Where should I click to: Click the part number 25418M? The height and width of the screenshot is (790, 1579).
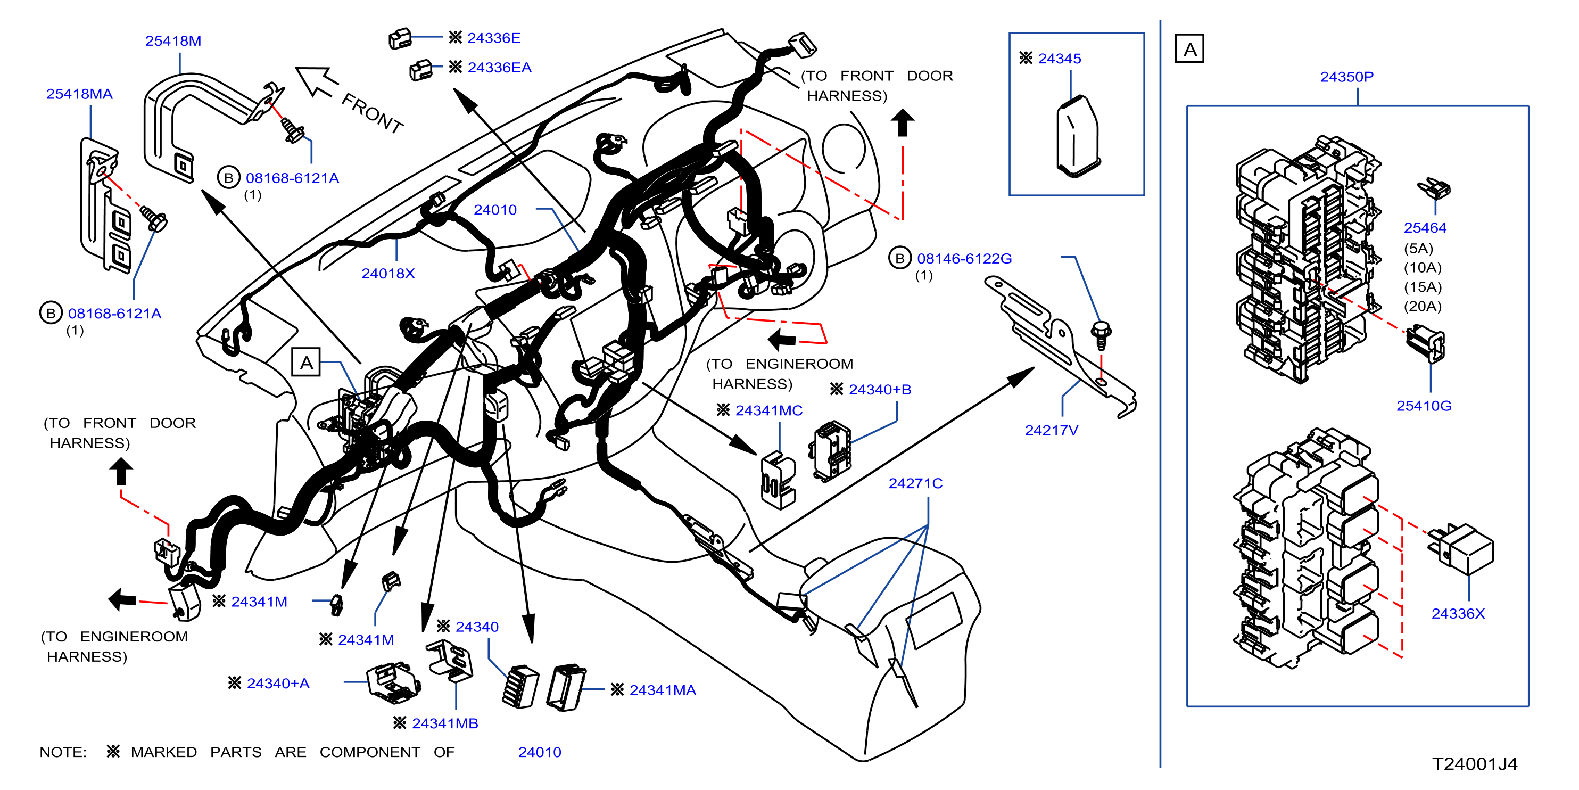click(173, 41)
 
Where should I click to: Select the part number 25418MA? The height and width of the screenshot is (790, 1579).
click(79, 94)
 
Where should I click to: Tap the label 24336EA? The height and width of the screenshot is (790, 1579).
click(499, 68)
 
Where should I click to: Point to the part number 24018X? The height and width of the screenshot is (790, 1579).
click(387, 274)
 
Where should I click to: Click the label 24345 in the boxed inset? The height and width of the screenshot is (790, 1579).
click(1059, 59)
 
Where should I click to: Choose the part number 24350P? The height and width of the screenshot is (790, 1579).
click(1346, 77)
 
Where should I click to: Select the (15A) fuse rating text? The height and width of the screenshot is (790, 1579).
click(1422, 287)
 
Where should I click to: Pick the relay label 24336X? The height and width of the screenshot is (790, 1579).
click(1458, 614)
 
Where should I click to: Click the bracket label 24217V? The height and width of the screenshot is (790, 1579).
click(1051, 431)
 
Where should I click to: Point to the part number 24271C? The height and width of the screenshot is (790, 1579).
click(915, 484)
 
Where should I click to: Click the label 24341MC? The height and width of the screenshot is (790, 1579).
click(768, 411)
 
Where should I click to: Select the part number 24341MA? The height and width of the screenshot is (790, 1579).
click(663, 690)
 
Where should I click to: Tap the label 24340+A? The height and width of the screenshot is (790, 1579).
click(278, 684)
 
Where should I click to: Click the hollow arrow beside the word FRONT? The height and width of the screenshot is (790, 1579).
click(316, 81)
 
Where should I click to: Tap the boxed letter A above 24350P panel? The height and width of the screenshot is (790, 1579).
click(1189, 49)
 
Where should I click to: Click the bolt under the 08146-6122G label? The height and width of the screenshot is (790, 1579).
click(1101, 335)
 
